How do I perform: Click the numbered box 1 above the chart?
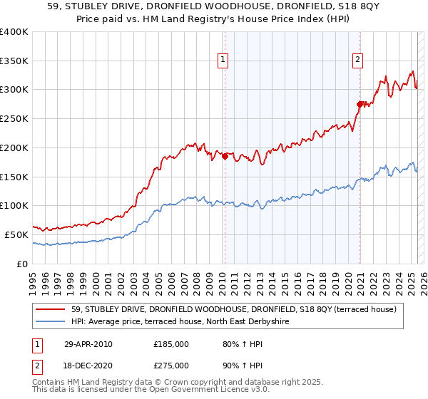pos(224,61)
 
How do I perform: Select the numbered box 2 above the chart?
pos(357,61)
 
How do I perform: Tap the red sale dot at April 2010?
pos(225,157)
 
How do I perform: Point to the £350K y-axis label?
pos(14,61)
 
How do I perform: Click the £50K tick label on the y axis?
pos(17,234)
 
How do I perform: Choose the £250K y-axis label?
pos(14,118)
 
